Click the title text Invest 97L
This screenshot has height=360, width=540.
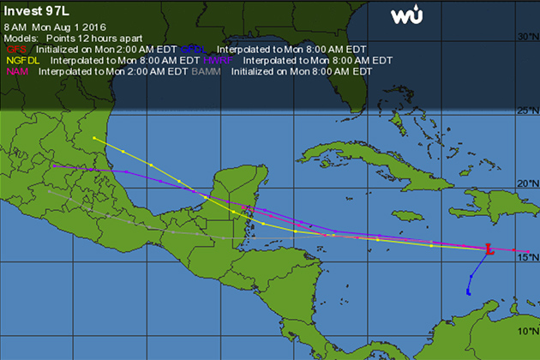point(36,10)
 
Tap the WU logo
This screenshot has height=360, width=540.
point(406,15)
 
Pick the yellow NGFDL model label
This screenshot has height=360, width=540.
point(24,62)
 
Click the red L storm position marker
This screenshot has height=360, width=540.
point(488,249)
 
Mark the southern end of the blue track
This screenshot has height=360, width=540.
point(468,293)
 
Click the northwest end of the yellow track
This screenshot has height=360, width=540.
point(93,138)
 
